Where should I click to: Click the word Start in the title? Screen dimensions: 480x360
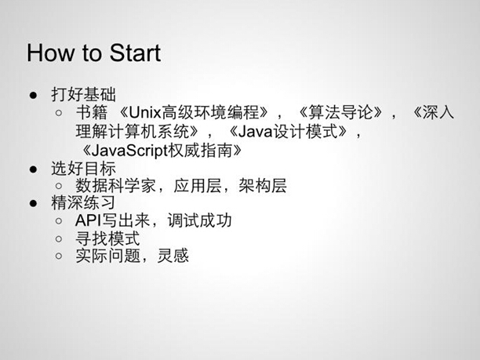tap(135, 53)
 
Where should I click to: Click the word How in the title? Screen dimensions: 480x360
tap(50, 53)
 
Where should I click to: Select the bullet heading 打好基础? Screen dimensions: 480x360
tap(84, 94)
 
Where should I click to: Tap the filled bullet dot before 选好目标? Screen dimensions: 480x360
tap(34, 169)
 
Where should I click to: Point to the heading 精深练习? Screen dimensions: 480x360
tap(83, 203)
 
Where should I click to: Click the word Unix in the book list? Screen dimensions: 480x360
tap(145, 113)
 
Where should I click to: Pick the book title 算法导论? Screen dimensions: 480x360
tap(340, 113)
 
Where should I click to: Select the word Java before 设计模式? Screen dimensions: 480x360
tap(256, 132)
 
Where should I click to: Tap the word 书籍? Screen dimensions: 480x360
tap(92, 113)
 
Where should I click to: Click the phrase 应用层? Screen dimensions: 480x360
tap(198, 186)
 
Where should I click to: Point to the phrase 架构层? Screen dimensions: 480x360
tap(263, 186)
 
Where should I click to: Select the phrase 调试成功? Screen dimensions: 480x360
tap(199, 220)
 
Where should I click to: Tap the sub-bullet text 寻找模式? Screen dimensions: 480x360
tap(107, 238)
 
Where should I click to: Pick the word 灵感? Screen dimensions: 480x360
tap(173, 256)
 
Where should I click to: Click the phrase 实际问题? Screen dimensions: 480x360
tap(107, 256)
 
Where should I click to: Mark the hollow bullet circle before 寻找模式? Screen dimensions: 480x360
tap(59, 238)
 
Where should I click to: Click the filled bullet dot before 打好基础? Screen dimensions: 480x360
tap(34, 95)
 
